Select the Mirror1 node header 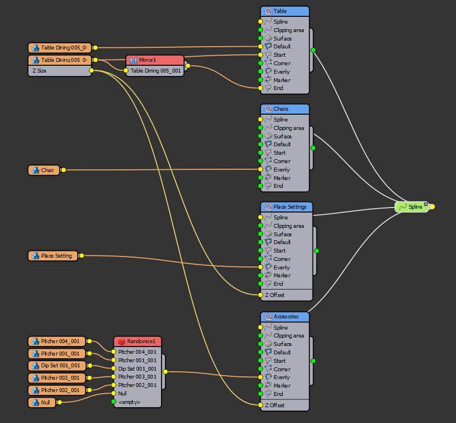155,60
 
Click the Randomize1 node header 138,341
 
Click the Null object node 42,402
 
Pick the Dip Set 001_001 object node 57,366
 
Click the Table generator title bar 285,11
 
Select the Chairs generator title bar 285,109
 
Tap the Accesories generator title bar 285,317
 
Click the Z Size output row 59,71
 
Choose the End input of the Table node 279,88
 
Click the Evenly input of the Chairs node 281,169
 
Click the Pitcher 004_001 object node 57,341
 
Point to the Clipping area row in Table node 288,30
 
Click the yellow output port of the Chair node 63,170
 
